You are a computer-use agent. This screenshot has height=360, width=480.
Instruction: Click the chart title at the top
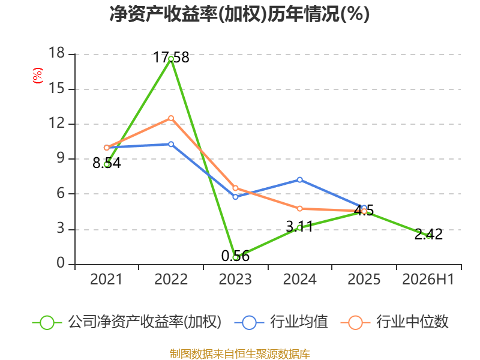(239, 14)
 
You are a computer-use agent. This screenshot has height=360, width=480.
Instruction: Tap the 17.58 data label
(171, 58)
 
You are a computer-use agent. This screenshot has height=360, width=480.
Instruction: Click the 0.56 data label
(235, 256)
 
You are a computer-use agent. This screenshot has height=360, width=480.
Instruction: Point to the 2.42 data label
(428, 235)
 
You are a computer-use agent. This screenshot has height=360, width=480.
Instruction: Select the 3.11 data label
(299, 227)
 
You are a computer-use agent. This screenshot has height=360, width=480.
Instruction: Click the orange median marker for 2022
(171, 118)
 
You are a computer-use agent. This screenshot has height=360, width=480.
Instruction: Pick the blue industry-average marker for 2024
(299, 179)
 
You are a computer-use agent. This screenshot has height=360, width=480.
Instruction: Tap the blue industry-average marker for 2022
(171, 144)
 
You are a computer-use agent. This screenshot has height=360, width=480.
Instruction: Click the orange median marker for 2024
(299, 209)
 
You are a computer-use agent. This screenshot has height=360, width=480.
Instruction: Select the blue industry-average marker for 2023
(235, 197)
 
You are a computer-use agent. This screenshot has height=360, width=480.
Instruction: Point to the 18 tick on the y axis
(56, 53)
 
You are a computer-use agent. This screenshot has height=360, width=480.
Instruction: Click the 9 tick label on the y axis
(61, 158)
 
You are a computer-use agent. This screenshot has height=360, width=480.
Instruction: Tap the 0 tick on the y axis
(61, 263)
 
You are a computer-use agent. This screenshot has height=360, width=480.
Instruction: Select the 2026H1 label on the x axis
(428, 280)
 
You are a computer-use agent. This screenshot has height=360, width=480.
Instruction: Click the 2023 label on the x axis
(235, 280)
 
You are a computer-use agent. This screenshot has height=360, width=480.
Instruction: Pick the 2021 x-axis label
(106, 280)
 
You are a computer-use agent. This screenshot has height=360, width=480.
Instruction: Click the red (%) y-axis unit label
(38, 76)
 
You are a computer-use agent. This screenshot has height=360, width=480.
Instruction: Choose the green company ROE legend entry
(127, 322)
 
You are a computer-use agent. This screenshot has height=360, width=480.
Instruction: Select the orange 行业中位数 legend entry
(394, 322)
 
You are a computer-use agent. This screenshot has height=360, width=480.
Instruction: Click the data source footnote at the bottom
(239, 354)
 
